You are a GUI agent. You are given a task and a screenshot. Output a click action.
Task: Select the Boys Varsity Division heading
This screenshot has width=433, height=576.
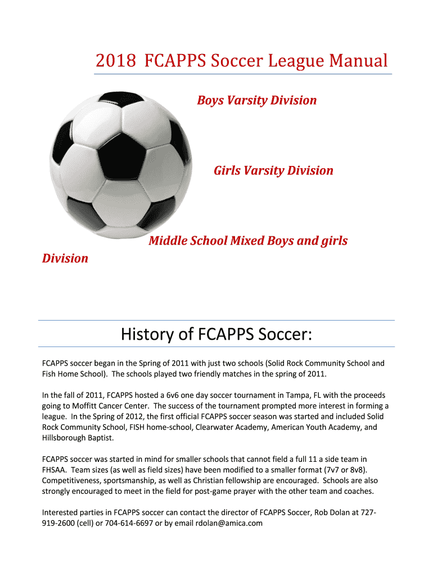pos(256,101)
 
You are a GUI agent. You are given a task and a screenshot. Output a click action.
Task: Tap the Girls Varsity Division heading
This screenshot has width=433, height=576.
pos(273,170)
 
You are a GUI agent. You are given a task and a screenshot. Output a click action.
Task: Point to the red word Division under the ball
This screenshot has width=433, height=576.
pos(65,259)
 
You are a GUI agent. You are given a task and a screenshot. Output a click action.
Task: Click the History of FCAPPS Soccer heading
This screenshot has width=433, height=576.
pos(216,335)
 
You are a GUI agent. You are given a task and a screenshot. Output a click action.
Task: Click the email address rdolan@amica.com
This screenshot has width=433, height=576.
pos(229,523)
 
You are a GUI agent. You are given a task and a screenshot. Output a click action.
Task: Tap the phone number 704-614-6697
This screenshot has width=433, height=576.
pos(130,523)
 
